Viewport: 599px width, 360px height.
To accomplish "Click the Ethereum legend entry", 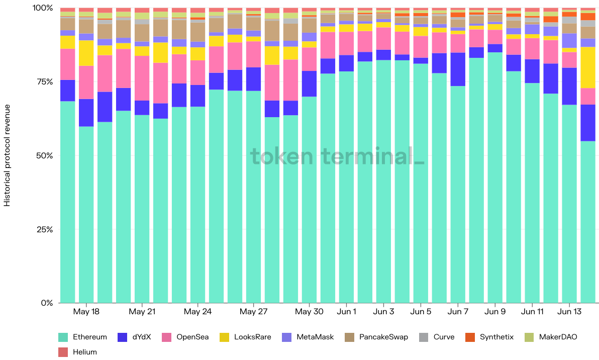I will coord(89,337).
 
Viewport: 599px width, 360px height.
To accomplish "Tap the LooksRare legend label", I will coord(252,337).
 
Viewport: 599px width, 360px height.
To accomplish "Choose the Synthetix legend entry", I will coord(496,337).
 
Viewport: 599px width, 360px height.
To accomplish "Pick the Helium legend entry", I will coord(84,352).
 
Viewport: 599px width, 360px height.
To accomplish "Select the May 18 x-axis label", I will coord(86,312).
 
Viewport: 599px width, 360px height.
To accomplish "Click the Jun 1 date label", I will coord(347,312).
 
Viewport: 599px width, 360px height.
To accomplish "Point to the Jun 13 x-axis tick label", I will coord(569,312).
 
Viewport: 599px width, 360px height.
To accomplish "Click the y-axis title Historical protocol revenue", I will coord(7,155).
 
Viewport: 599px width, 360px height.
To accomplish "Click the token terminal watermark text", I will coord(337,156).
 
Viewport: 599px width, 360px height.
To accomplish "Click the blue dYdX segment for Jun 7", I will coord(458,69).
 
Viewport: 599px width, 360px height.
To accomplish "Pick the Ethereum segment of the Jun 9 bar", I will coord(495,176).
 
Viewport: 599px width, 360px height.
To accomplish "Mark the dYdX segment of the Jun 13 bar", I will coord(569,86).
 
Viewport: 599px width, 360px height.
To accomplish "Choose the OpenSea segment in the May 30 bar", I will coord(310,59).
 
